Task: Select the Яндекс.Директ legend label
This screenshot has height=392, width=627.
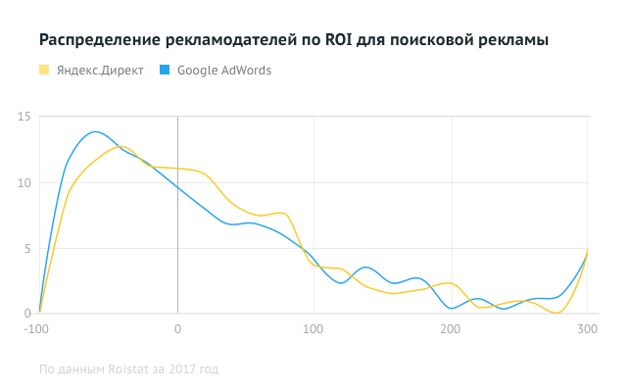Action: click(100, 71)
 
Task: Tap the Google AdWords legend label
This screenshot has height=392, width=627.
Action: click(224, 71)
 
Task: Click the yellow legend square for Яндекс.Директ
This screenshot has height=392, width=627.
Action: click(44, 71)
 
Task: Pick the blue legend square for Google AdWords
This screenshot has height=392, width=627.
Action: click(165, 71)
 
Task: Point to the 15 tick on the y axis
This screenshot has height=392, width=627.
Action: click(24, 117)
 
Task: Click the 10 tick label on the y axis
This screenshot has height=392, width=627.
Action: click(24, 182)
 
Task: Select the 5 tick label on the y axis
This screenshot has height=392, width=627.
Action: click(27, 248)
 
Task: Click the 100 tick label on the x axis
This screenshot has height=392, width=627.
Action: click(313, 328)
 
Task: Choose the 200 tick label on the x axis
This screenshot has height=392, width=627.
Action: click(451, 328)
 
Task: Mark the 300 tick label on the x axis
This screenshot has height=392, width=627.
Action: click(587, 328)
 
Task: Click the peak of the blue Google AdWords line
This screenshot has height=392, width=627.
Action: click(95, 131)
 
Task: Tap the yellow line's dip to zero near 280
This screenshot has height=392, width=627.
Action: click(558, 313)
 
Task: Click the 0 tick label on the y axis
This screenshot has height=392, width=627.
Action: click(27, 314)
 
